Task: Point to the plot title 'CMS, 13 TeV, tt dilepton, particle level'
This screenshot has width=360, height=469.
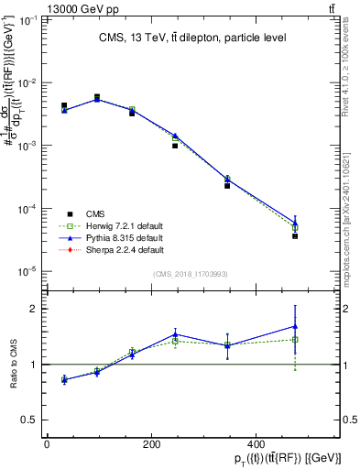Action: tap(187, 38)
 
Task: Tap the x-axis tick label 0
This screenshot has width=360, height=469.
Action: tap(47, 444)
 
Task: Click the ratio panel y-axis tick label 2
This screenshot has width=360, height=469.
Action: tap(34, 309)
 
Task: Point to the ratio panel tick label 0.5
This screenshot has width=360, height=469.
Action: tap(29, 420)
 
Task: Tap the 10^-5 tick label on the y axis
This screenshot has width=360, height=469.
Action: tap(27, 271)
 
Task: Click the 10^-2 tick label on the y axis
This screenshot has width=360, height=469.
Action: tap(27, 83)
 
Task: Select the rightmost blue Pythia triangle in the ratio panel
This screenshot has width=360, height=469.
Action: tap(295, 325)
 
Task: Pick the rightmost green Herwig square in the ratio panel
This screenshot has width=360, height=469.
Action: tap(295, 339)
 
